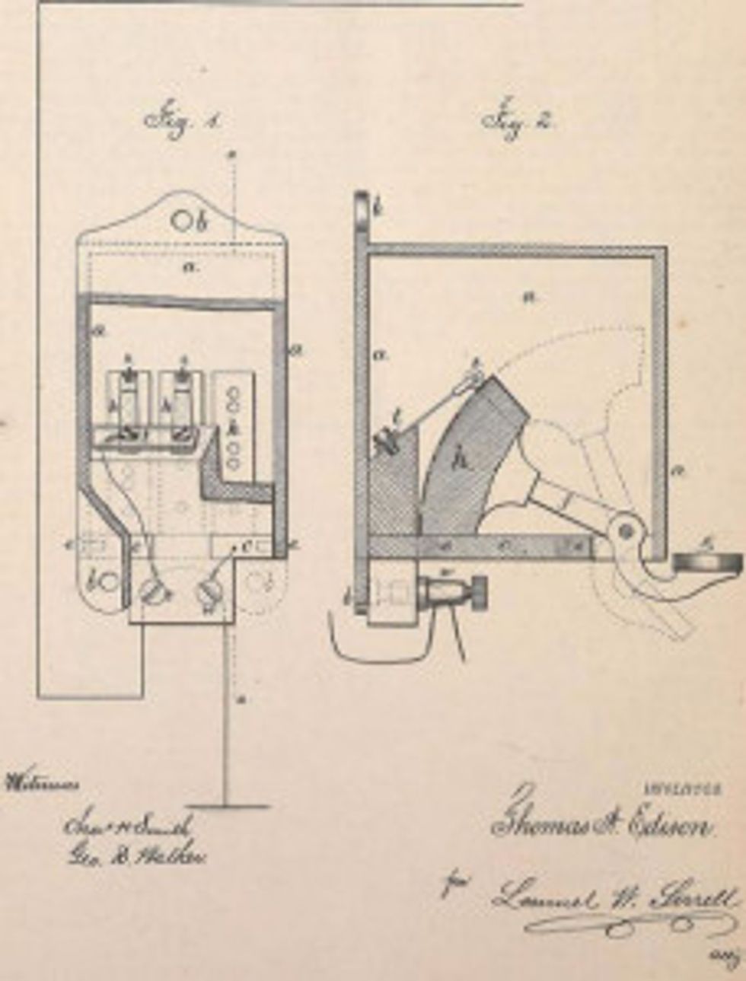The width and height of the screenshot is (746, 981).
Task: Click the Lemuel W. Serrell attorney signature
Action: [613, 898]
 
